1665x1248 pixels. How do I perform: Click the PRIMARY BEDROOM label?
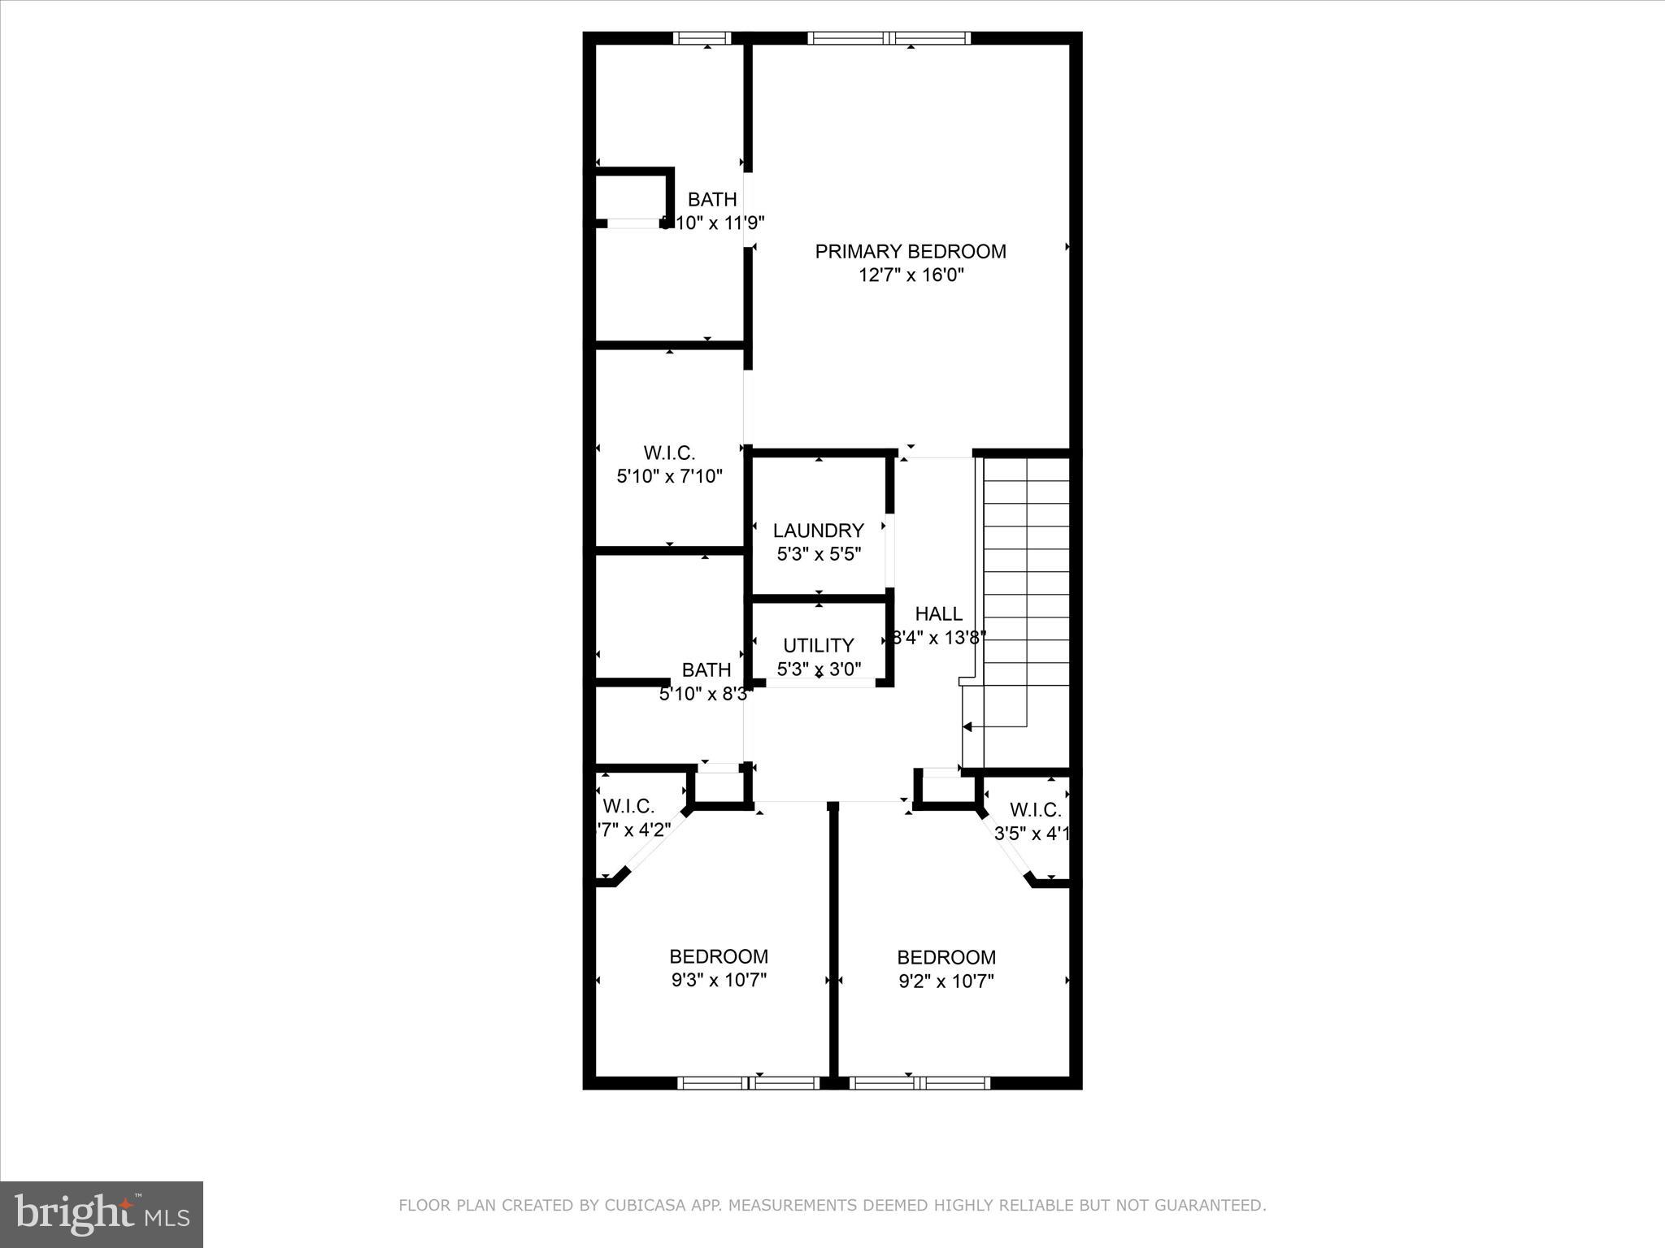click(910, 251)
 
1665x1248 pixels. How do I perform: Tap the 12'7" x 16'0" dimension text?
click(911, 275)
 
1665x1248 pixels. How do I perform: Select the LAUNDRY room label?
click(818, 531)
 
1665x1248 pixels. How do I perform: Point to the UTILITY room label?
click(818, 645)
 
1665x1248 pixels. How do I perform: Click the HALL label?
click(938, 614)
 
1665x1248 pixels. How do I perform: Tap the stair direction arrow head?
click(967, 726)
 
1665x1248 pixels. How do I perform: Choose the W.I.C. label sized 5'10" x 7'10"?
click(669, 453)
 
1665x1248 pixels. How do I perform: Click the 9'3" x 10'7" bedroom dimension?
click(719, 981)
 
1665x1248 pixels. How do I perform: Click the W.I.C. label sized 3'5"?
click(1035, 810)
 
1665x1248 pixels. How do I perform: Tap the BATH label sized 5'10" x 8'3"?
click(706, 670)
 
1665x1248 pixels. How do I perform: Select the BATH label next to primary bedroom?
click(712, 199)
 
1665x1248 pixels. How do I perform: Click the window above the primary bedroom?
click(889, 37)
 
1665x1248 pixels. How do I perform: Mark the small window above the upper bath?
click(702, 37)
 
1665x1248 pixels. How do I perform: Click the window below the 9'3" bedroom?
click(749, 1082)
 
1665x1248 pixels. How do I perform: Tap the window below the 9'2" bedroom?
click(919, 1082)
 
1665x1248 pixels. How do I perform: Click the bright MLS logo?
click(102, 1214)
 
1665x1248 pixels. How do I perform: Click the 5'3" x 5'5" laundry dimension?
click(818, 555)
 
